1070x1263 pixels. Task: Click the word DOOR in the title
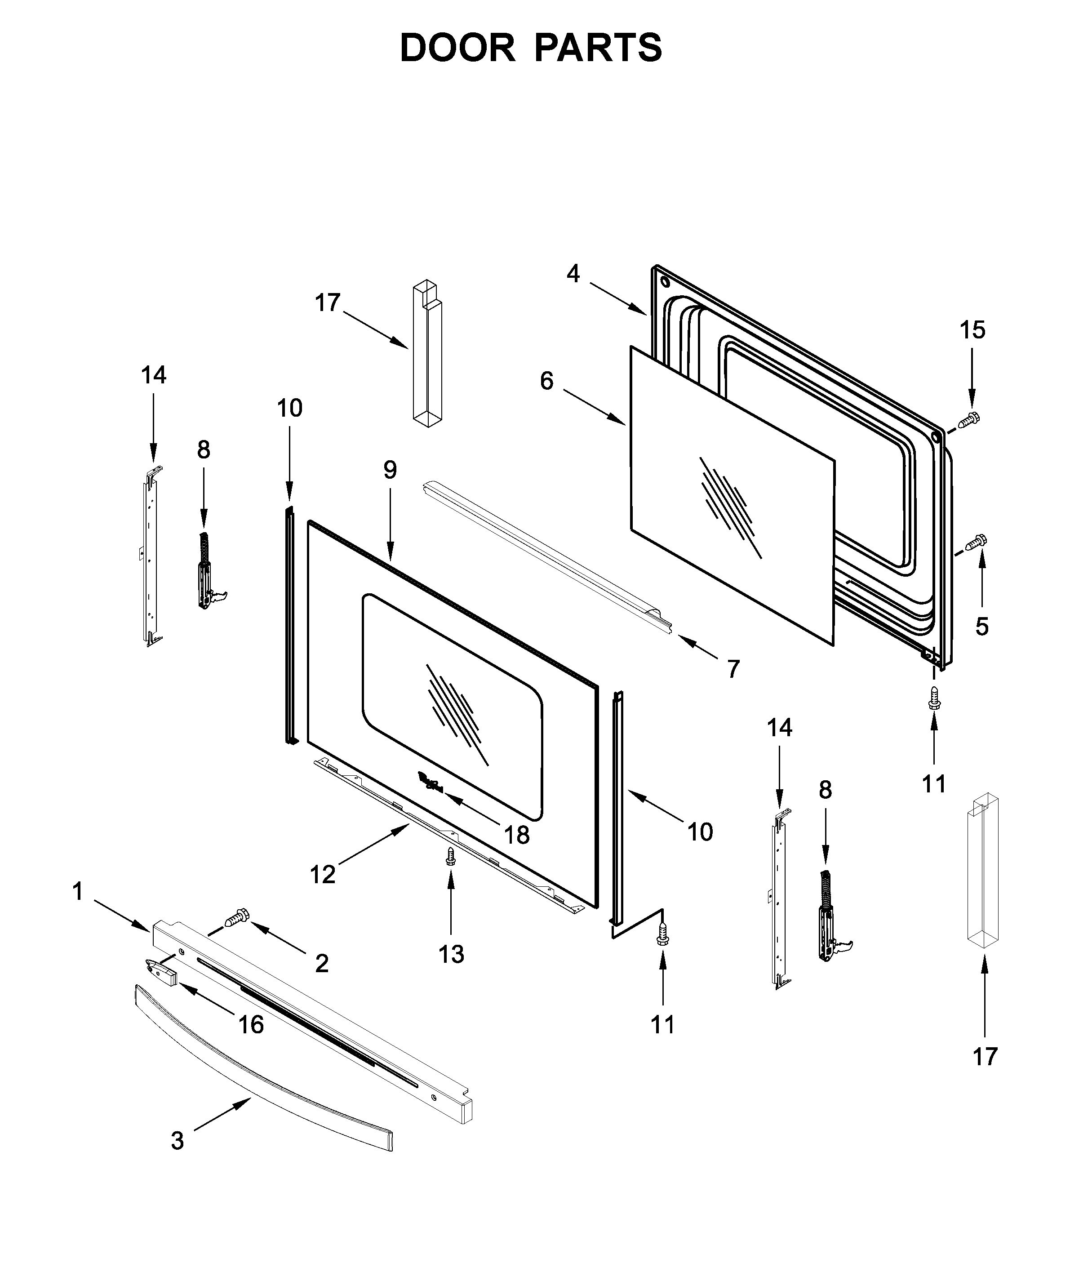tap(457, 48)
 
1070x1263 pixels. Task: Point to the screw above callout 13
tap(450, 855)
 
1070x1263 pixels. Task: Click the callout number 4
tap(573, 274)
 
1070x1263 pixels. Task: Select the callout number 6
tap(546, 381)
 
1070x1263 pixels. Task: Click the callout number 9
tap(390, 470)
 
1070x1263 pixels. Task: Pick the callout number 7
tap(733, 669)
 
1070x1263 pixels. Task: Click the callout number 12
tap(322, 875)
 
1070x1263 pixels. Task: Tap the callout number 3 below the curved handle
tap(177, 1141)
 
